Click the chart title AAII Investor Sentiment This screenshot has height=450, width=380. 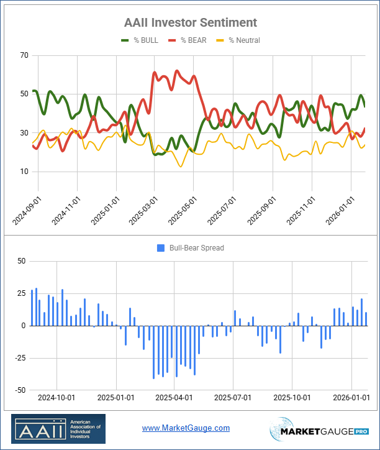click(190, 22)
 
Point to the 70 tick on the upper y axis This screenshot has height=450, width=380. click(24, 55)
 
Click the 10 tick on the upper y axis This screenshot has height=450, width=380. click(24, 172)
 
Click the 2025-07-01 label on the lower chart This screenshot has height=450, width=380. click(233, 397)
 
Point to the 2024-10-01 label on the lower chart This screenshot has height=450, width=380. click(57, 397)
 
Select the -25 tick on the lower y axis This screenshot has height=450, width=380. click(20, 357)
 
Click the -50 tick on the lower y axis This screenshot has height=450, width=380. click(20, 390)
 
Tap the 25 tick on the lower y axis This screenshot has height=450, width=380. click(22, 293)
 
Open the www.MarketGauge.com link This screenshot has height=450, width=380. click(186, 428)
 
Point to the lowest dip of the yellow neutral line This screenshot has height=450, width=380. click(181, 166)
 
